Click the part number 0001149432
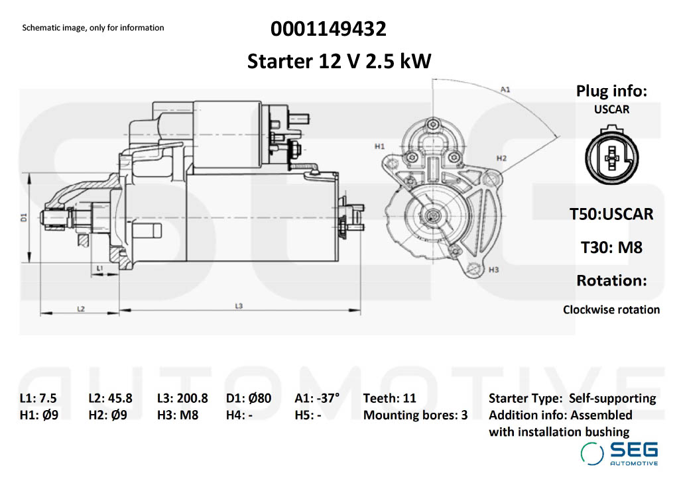coord(328,29)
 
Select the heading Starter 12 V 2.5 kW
coord(339,62)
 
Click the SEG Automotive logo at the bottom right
coord(620,452)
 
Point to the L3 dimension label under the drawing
coord(239,305)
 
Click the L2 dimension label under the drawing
coord(80,309)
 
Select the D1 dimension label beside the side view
coord(23,217)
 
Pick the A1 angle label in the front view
coord(505,89)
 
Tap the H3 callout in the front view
coord(493,270)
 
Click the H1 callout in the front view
coord(379,146)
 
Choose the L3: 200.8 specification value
coord(182,398)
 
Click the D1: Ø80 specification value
coord(249,398)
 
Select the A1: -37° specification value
coord(317,398)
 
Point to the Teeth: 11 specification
coord(390,398)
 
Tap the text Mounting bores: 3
coord(415,415)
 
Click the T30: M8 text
coord(611,248)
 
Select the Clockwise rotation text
coord(611,309)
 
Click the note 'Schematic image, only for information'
coord(93,28)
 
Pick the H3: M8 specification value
coord(178,415)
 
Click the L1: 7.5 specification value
coord(38,398)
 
